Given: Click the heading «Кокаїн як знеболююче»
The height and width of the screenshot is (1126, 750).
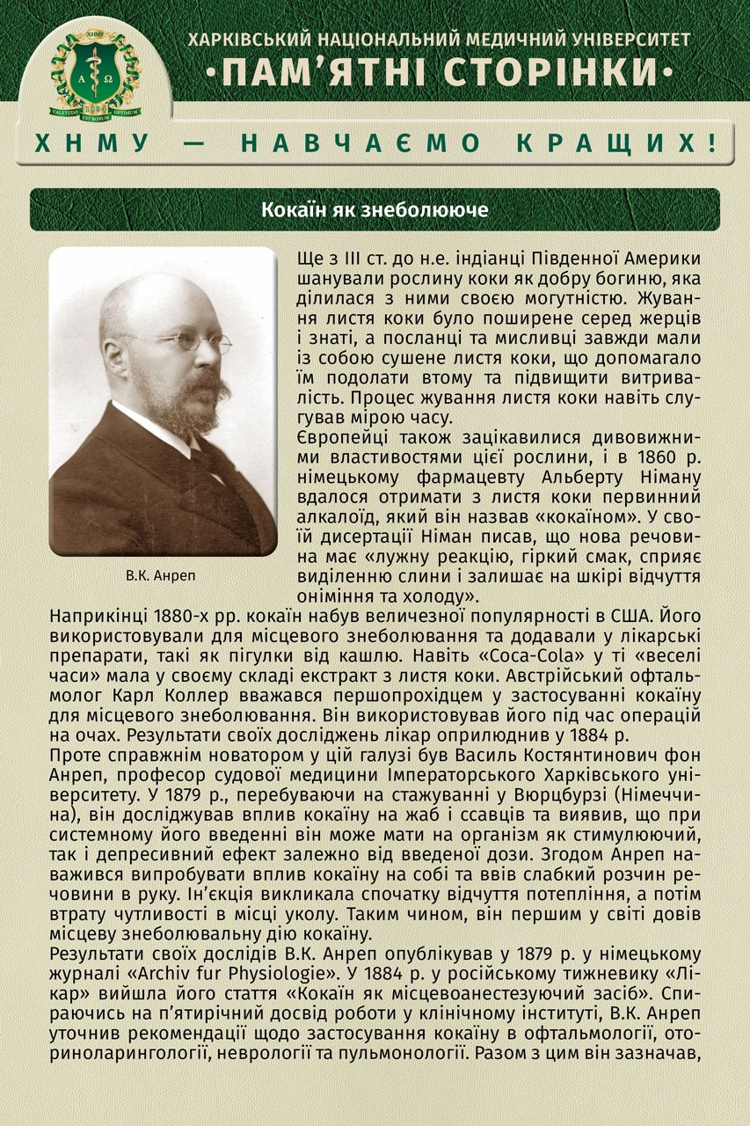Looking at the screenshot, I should [375, 211].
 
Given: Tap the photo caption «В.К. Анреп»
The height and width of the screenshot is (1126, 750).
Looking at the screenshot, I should [162, 578].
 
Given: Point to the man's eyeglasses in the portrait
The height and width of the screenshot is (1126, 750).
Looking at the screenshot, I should [186, 340].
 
